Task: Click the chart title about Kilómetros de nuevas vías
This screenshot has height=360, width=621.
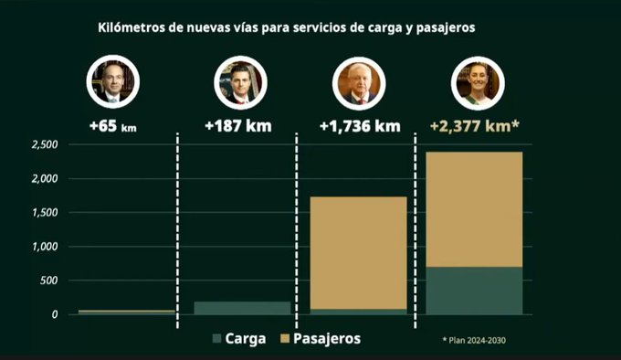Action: point(287,27)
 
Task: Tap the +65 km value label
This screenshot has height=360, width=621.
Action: point(113,126)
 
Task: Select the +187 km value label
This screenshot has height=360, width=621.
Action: point(238,126)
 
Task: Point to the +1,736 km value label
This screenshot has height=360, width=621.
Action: point(360,126)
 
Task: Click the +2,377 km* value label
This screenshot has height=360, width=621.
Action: point(475,126)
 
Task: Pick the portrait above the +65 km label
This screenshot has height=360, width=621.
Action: point(113,81)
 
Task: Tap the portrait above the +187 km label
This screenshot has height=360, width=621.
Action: point(240,82)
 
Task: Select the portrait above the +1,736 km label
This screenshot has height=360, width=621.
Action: point(359,83)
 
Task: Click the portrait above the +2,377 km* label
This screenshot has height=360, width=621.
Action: point(478,83)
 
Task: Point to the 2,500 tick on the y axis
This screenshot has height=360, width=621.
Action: point(45,144)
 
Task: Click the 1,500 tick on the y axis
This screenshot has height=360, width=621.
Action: point(45,213)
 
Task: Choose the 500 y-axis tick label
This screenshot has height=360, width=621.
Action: point(48,281)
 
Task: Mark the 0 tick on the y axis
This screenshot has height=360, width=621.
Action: point(55,314)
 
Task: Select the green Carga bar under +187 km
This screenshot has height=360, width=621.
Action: point(242,308)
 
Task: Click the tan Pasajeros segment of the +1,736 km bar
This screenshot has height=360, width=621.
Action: point(358,253)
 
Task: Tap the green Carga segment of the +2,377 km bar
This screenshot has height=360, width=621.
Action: point(474,291)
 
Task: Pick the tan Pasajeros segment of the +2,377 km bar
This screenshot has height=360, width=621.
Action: point(474,209)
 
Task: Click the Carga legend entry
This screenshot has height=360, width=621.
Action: point(239,339)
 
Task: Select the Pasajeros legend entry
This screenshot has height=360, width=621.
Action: point(321,339)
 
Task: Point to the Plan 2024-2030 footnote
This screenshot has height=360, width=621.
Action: point(474,340)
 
